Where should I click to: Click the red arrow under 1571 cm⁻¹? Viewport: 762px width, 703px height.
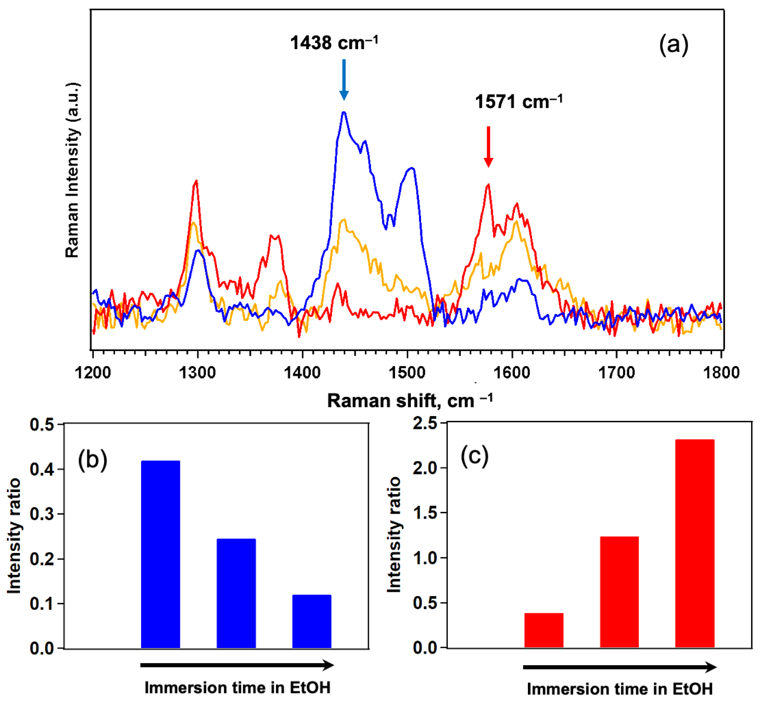(488, 147)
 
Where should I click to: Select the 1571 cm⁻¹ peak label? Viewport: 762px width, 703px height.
(518, 102)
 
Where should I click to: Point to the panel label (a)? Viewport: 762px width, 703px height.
(673, 44)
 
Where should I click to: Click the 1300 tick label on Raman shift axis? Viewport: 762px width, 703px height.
(197, 372)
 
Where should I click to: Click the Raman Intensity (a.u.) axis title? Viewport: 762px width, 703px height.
(72, 170)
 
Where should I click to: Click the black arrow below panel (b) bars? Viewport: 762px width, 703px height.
(237, 665)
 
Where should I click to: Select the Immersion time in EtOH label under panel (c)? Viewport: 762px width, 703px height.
(619, 689)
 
